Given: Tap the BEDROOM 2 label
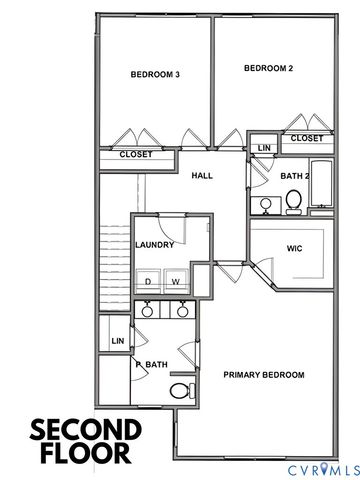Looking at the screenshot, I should [x=268, y=68].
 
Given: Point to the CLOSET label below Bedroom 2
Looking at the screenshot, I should [x=307, y=138].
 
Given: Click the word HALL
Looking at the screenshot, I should [x=204, y=175].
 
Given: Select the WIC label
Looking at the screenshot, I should [x=294, y=247].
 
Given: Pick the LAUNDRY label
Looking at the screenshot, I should [x=155, y=245].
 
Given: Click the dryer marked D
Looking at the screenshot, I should [x=148, y=282].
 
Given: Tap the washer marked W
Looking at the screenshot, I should [x=176, y=282].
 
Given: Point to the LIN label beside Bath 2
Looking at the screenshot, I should [x=264, y=148].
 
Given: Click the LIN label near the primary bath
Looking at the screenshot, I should [x=118, y=341].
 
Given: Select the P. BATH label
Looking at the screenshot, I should [x=153, y=365].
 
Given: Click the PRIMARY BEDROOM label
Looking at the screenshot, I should [x=263, y=375].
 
